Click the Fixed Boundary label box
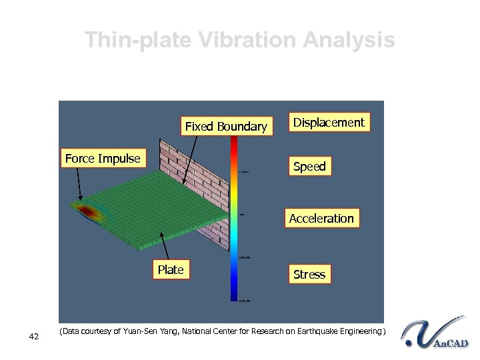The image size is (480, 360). click(225, 126)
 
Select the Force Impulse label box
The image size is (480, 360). click(103, 159)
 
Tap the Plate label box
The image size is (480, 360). click(171, 270)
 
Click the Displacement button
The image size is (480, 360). click(329, 123)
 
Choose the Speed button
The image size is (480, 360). click(309, 167)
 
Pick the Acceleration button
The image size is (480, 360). click(321, 219)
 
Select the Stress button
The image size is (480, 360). click(309, 274)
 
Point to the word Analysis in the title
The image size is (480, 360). click(348, 41)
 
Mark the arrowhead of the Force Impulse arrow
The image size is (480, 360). click(81, 197)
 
